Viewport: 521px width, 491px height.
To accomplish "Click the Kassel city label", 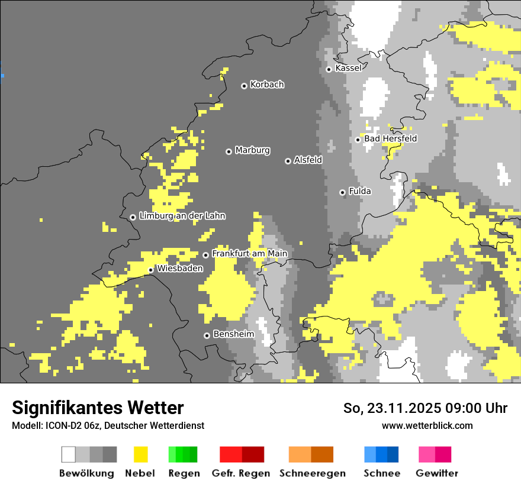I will click(x=348, y=68).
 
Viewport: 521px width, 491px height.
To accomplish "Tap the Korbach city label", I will click(x=267, y=85).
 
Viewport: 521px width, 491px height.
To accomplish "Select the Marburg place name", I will click(x=252, y=150).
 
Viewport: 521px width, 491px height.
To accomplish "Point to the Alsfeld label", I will click(x=308, y=160).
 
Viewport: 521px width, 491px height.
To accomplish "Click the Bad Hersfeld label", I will click(x=390, y=138).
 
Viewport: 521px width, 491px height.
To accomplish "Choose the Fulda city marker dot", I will click(x=342, y=192).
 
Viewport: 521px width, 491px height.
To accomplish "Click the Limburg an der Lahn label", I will click(x=182, y=216).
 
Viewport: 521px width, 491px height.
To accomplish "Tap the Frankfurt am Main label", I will click(x=249, y=254).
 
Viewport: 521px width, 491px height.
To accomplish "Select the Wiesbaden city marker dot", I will click(x=151, y=270).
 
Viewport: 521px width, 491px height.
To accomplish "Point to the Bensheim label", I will click(x=233, y=334).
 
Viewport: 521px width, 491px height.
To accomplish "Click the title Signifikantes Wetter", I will click(x=98, y=408).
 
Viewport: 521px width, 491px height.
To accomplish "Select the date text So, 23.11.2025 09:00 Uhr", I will click(x=425, y=408).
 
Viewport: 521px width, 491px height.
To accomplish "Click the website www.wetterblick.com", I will click(x=427, y=425).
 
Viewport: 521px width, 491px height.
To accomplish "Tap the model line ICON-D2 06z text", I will click(x=108, y=425).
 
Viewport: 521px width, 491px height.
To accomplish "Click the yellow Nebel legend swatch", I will click(x=140, y=454).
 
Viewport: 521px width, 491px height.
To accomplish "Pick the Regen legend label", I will click(x=184, y=473).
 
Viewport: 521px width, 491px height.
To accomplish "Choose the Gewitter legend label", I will click(x=436, y=473).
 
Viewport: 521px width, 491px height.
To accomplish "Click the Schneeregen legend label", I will click(x=312, y=473).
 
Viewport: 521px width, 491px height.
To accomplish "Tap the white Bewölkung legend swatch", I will click(x=69, y=454).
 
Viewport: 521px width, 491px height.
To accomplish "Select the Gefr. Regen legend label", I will click(x=240, y=473).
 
